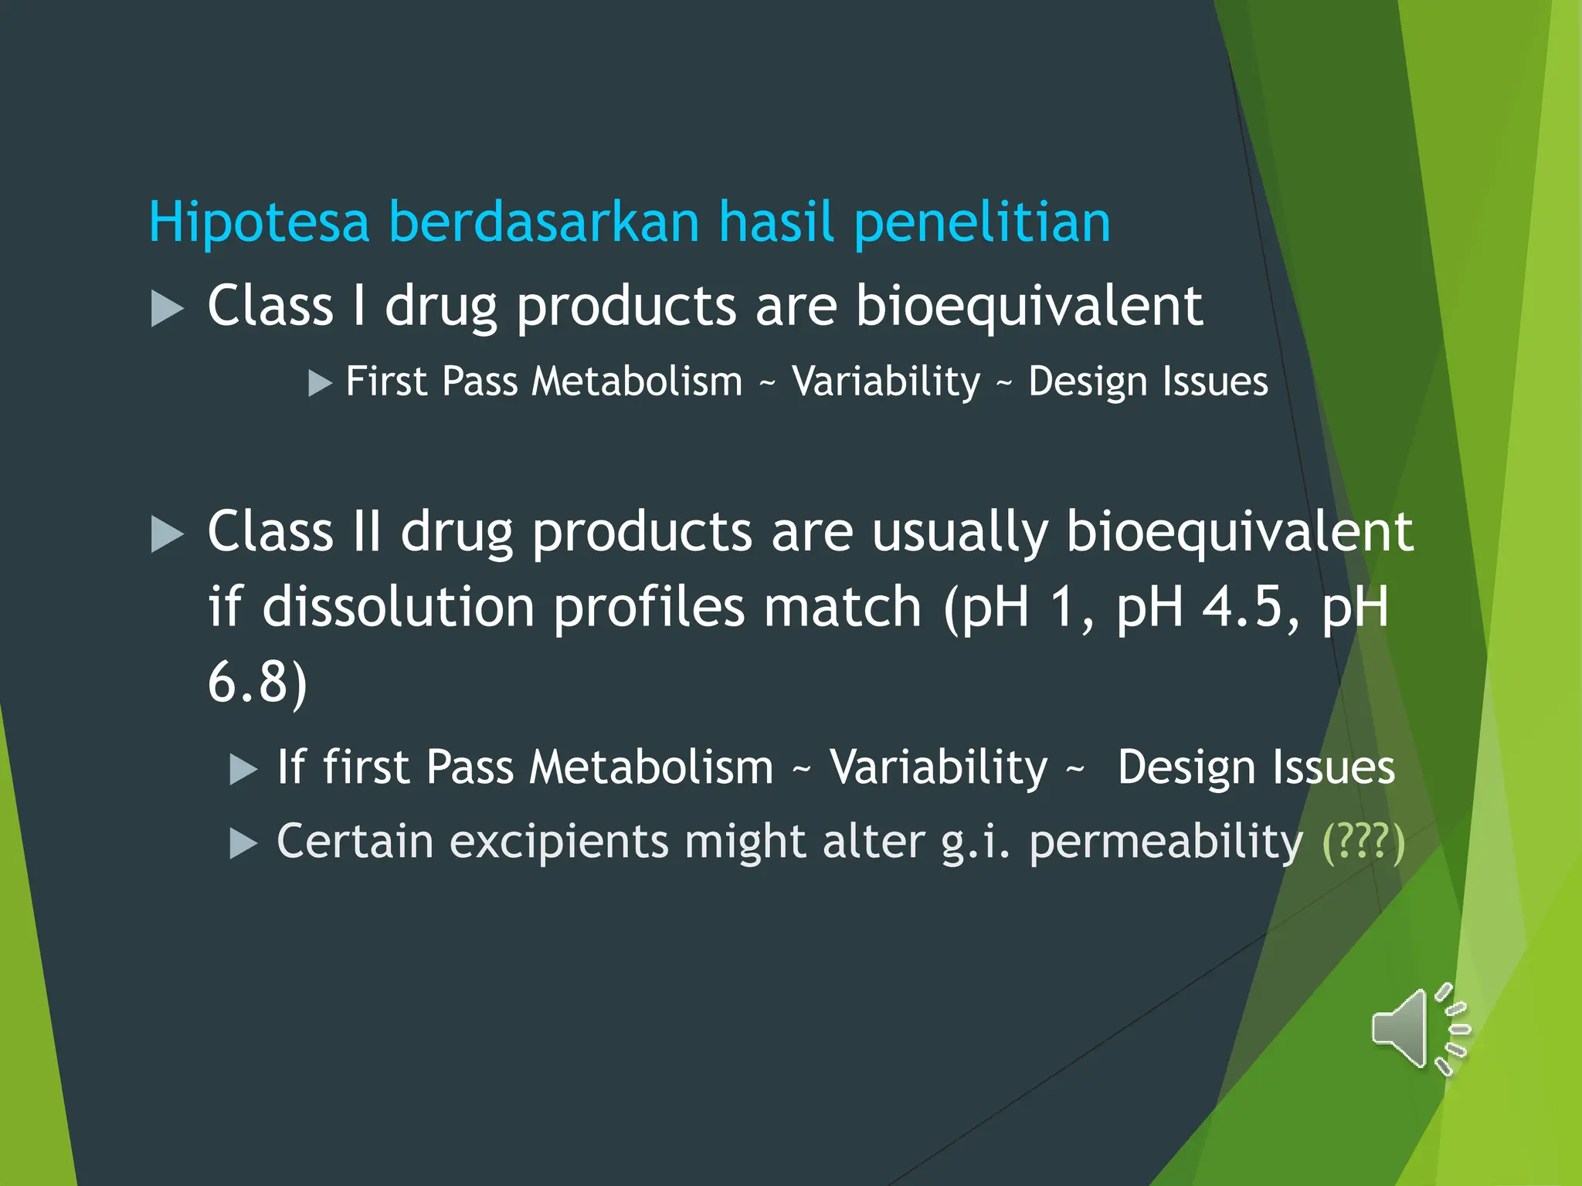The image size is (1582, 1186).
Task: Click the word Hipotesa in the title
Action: pyautogui.click(x=259, y=222)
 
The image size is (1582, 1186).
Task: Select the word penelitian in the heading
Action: pyautogui.click(x=982, y=222)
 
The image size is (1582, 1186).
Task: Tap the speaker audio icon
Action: pyautogui.click(x=1420, y=1029)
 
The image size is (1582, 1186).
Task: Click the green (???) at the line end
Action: pyautogui.click(x=1363, y=842)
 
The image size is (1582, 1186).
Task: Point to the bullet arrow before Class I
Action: pyautogui.click(x=167, y=309)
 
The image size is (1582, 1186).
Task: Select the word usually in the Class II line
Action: pyautogui.click(x=960, y=533)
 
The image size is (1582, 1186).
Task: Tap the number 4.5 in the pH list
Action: pyautogui.click(x=1242, y=607)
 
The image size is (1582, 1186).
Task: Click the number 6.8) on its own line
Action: pyautogui.click(x=257, y=683)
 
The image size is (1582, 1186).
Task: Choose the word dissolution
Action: pyautogui.click(x=398, y=607)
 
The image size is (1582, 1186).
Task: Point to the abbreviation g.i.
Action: pyautogui.click(x=976, y=842)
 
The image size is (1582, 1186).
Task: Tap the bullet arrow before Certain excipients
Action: pyautogui.click(x=243, y=844)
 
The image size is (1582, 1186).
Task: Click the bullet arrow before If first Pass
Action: pyautogui.click(x=243, y=770)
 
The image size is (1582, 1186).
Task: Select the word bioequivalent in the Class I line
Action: pyautogui.click(x=1028, y=307)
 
